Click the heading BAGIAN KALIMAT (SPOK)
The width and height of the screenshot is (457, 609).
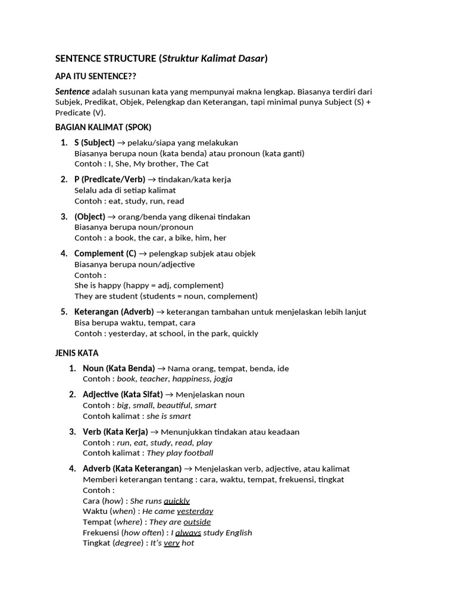(103, 127)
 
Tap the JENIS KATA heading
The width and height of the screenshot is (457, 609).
(77, 353)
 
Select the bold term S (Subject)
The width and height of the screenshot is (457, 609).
(94, 143)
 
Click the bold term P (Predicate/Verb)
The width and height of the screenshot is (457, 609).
(109, 180)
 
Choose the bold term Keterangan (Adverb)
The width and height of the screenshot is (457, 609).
(114, 312)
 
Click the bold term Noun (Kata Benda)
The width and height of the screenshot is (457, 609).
(118, 368)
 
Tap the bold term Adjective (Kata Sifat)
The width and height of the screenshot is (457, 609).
(122, 394)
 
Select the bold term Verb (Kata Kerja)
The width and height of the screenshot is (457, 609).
(115, 432)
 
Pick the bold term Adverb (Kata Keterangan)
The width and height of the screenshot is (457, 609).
(132, 469)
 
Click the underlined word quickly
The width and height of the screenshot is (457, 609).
(177, 501)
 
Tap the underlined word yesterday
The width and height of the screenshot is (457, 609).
(195, 511)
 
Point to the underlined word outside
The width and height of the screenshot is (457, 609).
(197, 522)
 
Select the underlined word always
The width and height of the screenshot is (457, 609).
(188, 533)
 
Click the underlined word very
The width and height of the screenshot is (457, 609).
(171, 543)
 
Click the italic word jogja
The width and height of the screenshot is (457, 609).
(223, 379)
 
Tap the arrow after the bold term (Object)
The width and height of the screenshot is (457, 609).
(112, 217)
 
